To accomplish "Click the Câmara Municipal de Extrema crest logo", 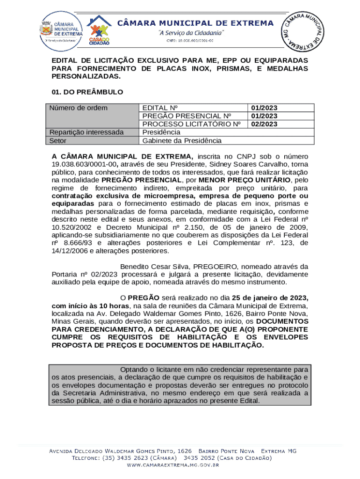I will (62, 28).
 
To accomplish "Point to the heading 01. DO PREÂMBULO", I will (87, 92).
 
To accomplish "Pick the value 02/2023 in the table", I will (264, 124).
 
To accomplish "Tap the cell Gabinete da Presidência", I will (182, 140).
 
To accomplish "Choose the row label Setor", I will (58, 140).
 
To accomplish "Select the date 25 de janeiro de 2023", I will (270, 298).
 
